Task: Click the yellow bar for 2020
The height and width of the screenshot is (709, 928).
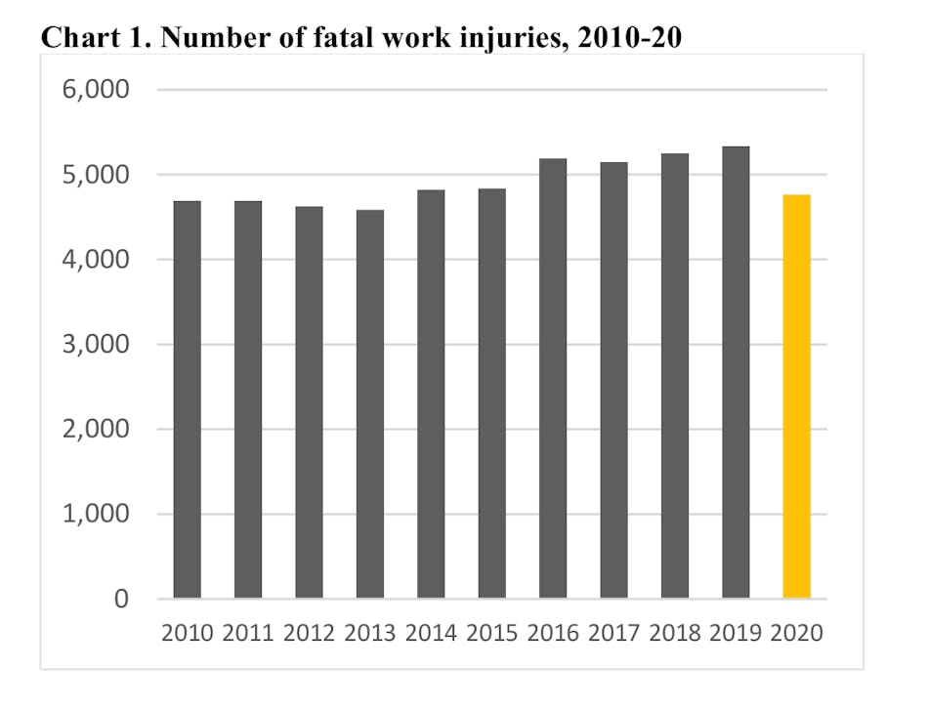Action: coord(796,396)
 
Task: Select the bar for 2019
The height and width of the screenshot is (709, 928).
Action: coord(736,371)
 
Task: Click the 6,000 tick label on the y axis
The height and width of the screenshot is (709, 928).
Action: coord(97,90)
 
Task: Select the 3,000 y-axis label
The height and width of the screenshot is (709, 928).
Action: coord(97,345)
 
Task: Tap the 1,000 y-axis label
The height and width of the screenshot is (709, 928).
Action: coord(97,515)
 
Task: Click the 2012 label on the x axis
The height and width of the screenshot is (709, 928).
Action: coord(309,632)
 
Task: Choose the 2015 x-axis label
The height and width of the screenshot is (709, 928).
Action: coord(491,632)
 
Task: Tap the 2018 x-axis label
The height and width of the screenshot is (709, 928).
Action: coord(675,632)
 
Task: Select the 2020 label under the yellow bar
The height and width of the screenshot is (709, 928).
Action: coord(797,632)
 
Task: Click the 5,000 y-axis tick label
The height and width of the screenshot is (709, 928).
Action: coord(97,175)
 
